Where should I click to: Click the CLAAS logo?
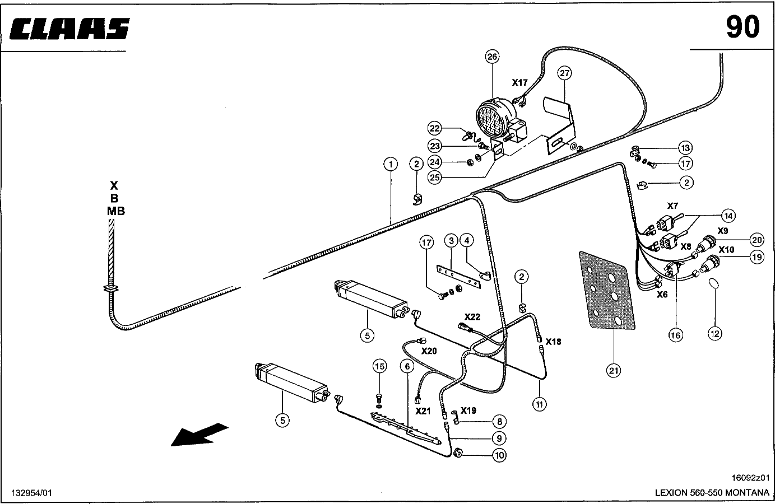(69, 29)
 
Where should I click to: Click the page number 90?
(742, 27)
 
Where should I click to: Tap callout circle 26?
(492, 57)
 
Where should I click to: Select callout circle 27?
(564, 73)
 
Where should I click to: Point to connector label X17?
(519, 83)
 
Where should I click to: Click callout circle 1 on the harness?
(391, 164)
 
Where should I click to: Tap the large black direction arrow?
(199, 435)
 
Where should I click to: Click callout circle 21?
(614, 371)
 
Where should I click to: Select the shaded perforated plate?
(607, 291)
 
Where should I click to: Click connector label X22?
(472, 317)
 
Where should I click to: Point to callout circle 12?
(715, 334)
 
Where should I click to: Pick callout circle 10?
(499, 455)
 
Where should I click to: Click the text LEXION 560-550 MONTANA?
(712, 493)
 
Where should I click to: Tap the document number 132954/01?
(32, 493)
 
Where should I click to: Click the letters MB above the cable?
(116, 211)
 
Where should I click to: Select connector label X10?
(726, 250)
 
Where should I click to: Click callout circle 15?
(379, 366)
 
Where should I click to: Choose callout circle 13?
(685, 148)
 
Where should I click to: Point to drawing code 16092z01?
(750, 478)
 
